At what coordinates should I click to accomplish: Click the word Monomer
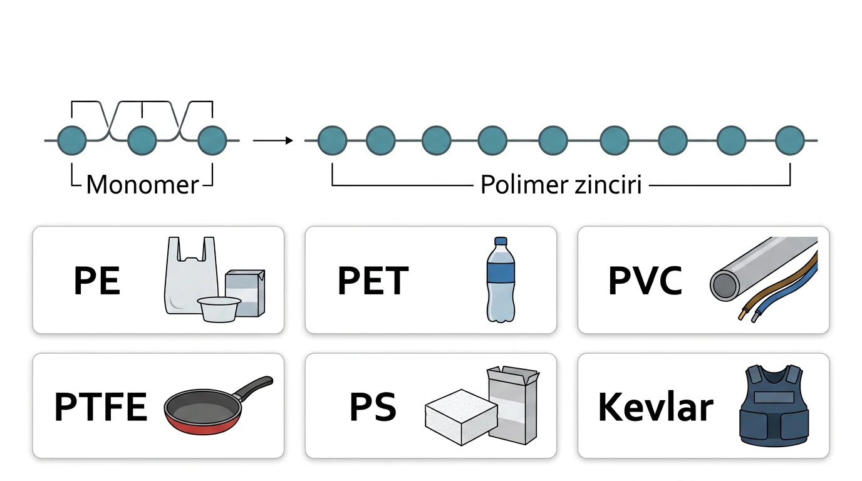click(142, 185)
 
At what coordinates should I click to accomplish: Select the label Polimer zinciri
click(561, 185)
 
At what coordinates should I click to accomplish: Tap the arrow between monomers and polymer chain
click(273, 140)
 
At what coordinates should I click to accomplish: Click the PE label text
click(97, 281)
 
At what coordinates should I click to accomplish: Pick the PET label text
click(373, 281)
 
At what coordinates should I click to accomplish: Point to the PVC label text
click(645, 281)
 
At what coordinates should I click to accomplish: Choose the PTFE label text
click(100, 406)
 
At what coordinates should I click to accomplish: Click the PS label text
click(373, 406)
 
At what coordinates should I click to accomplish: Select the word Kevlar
click(656, 406)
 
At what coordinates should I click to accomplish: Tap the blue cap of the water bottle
click(501, 242)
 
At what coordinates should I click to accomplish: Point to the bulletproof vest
click(774, 406)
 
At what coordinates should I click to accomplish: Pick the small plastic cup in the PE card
click(219, 309)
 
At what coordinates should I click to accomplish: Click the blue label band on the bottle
click(501, 272)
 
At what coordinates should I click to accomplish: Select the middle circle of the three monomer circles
click(142, 140)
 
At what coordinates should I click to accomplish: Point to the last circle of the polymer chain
click(790, 140)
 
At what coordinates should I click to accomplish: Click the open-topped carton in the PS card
click(514, 404)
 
